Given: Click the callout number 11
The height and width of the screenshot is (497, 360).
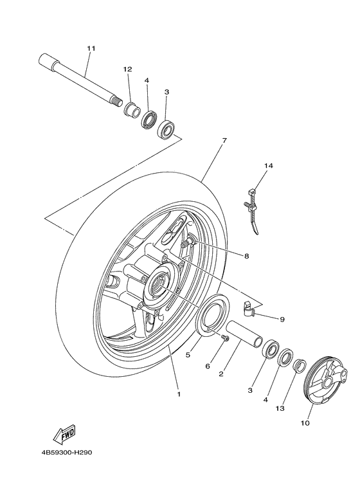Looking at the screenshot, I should [x=91, y=49].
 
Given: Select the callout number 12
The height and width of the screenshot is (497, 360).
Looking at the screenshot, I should [x=127, y=69].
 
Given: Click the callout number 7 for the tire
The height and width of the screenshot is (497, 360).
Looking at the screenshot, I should [x=224, y=140].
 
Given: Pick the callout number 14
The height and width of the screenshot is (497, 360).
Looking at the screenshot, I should [x=269, y=166].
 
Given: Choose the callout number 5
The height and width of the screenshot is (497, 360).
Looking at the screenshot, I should [x=188, y=354].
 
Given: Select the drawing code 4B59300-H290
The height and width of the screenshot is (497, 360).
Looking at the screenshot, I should [x=64, y=452].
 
